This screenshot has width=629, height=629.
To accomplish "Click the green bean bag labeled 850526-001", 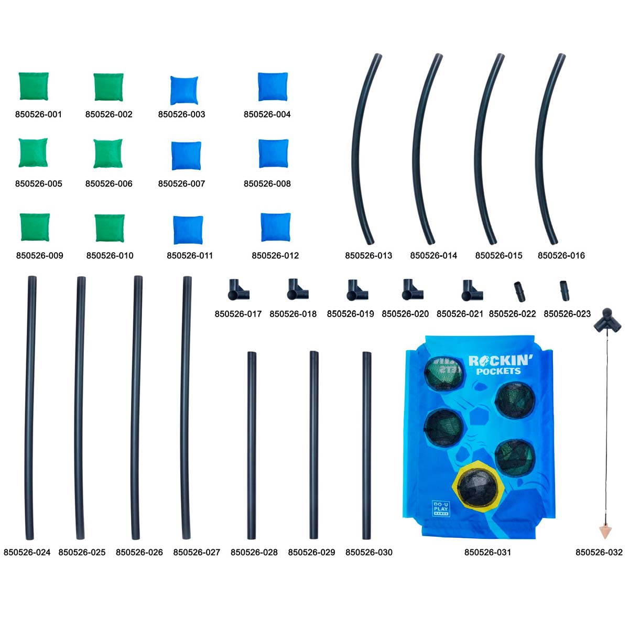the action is coord(34,86).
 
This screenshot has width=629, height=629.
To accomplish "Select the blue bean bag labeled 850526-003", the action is coord(184,90).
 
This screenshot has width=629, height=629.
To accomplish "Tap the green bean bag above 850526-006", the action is coord(108,154).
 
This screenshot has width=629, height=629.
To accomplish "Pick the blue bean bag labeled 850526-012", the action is coord(276,227).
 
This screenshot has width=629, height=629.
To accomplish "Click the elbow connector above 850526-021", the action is coord(472,290).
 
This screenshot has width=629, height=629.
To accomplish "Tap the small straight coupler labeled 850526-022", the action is coord(519,291).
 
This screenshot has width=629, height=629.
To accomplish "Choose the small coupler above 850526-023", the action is coord(565,290).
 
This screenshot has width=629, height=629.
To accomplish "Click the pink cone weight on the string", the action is coord(605,532).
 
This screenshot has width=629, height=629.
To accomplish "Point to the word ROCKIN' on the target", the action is coord(501,361).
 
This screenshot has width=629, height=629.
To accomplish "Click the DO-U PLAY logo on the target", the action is coord(441,508).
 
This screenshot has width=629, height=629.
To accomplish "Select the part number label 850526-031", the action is coord(487,552).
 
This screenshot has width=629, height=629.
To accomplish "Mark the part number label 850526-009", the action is coord(39,255).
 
